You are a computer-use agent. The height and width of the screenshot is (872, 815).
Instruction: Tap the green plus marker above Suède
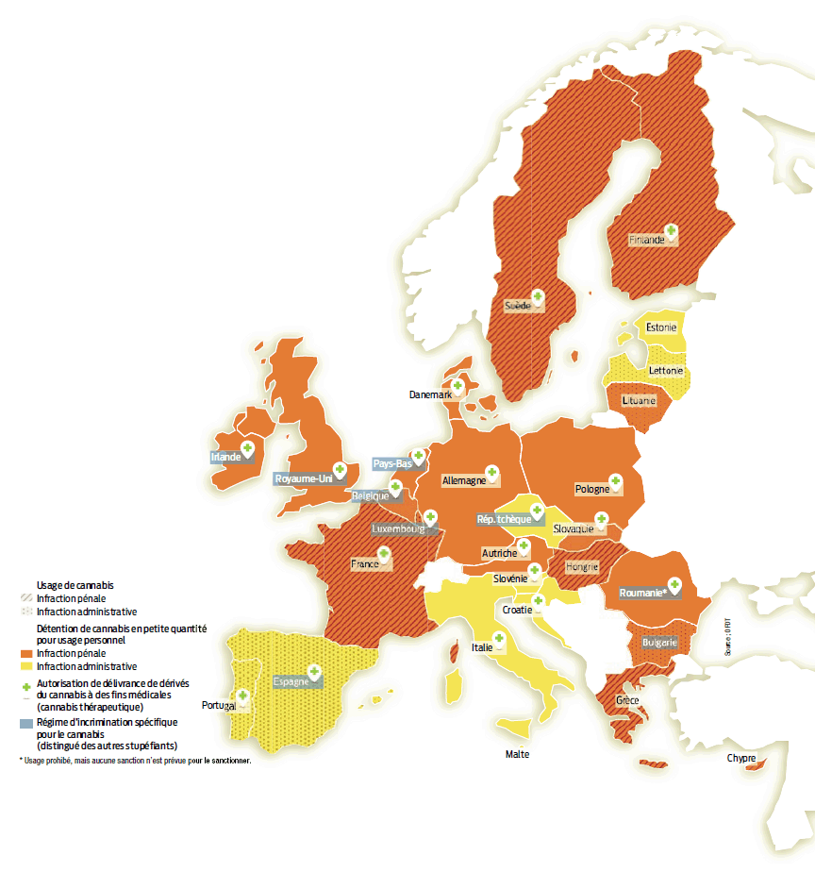537,295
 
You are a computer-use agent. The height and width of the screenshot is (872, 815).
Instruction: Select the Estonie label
660,328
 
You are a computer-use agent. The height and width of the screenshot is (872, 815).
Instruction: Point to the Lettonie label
665,371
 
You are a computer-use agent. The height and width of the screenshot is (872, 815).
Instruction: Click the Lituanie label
639,400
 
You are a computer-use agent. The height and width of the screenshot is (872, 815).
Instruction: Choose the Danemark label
430,394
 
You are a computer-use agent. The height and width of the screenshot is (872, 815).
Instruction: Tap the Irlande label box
225,457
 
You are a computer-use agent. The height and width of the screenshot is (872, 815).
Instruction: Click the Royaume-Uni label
304,478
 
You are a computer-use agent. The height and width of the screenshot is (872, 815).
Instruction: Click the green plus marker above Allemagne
491,471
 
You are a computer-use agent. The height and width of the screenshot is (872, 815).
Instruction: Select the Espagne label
291,681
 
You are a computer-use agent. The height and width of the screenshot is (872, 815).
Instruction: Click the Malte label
517,754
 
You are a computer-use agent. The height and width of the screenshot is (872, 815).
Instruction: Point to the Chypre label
740,758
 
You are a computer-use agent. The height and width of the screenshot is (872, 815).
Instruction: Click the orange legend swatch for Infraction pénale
26,653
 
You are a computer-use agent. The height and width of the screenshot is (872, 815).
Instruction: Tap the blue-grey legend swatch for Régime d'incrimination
26,723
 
